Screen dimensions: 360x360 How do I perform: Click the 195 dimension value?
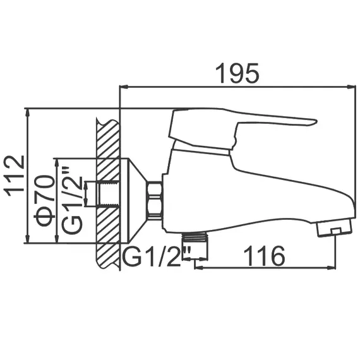point(237,74)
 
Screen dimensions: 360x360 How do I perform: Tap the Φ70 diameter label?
point(44,201)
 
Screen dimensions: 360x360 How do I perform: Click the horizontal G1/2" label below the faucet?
point(152,257)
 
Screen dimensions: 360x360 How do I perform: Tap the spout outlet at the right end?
point(335,229)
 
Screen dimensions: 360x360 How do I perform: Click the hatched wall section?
point(107,189)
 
